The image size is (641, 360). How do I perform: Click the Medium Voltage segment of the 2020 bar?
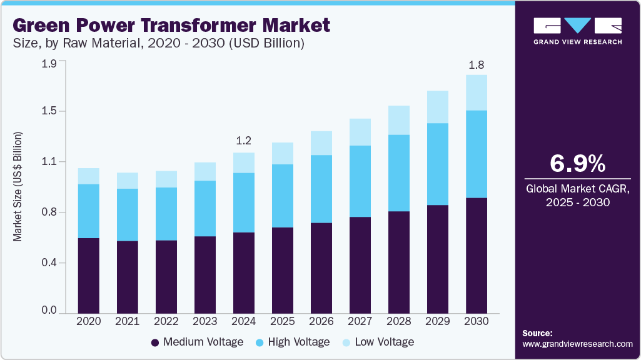88,275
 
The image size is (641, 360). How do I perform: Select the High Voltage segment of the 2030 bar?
477,154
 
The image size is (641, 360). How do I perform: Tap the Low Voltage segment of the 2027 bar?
360,132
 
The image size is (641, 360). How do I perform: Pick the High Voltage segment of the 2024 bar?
243,202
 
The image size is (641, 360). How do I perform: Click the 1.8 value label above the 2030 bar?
477,65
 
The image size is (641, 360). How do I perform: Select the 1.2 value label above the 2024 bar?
243,141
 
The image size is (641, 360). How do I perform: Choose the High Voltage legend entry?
293,342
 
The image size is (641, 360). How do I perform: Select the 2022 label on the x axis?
166,321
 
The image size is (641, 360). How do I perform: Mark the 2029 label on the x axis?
438,321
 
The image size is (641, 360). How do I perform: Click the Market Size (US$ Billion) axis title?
18,187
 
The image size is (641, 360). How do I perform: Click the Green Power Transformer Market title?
171,26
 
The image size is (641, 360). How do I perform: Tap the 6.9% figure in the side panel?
577,164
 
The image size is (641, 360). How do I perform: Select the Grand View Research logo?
577,31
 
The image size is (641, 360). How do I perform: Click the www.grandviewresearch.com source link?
577,344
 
